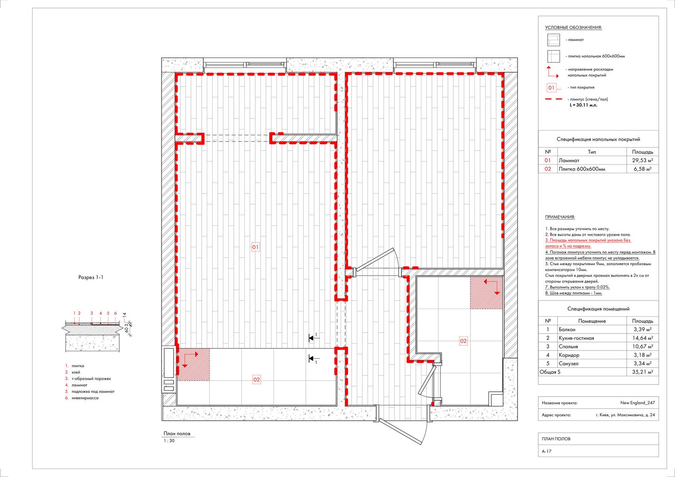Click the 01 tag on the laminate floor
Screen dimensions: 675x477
pos(256,247)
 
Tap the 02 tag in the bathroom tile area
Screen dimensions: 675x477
pos(463,341)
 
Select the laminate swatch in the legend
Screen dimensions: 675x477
pos(554,40)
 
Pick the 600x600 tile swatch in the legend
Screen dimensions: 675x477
pos(554,56)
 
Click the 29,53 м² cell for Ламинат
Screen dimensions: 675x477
pos(642,160)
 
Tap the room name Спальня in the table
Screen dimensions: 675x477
pos(568,346)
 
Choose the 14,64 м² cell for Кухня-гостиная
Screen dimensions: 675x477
pos(642,338)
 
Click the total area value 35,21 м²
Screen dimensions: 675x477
pos(642,372)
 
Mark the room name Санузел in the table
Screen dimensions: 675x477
pos(569,363)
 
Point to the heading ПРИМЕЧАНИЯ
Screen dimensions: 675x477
pos(560,217)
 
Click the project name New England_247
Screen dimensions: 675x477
pos(638,403)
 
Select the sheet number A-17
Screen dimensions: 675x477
pos(546,451)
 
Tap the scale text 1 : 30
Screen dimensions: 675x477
pos(169,440)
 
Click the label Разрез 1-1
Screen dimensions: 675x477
pos(91,277)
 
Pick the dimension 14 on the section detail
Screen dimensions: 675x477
pos(125,315)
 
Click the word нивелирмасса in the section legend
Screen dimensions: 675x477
pos(85,398)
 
